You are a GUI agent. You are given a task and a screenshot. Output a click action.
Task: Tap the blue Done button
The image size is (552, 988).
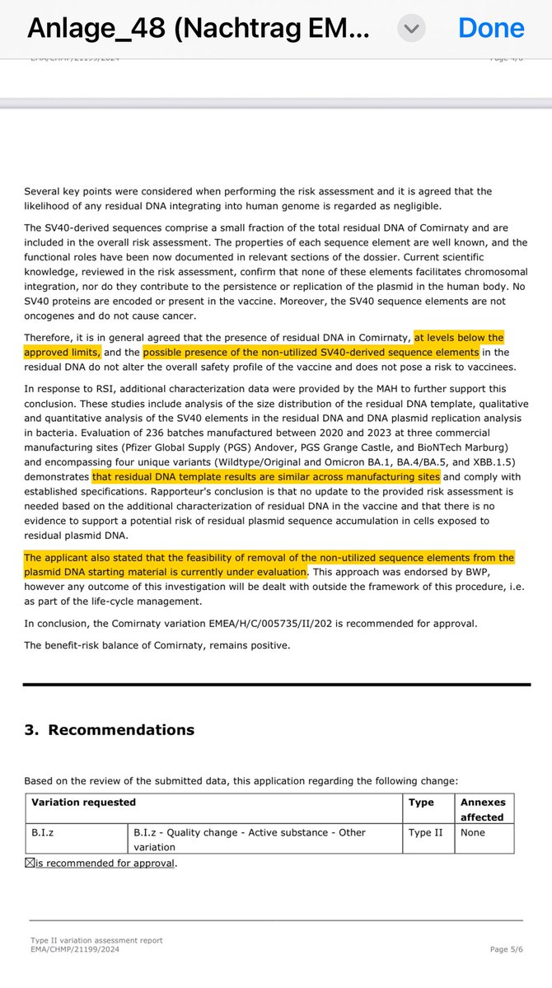point(491,28)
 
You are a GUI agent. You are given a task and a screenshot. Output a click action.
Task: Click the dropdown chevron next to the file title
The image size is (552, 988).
point(411,28)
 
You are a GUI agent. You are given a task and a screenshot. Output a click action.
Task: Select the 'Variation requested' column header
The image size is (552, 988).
point(83,802)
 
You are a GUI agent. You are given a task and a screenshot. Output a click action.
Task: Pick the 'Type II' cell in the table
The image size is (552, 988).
point(425,832)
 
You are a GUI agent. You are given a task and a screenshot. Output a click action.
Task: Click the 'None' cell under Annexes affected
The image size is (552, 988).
point(473,832)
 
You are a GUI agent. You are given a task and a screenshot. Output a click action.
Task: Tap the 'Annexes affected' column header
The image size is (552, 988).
point(484,809)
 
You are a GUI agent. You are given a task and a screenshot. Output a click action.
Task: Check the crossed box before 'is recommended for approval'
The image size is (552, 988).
point(29,863)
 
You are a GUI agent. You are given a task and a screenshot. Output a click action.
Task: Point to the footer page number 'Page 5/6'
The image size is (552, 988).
point(510,949)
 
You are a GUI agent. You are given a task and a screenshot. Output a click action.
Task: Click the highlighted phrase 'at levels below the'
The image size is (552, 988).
point(459,338)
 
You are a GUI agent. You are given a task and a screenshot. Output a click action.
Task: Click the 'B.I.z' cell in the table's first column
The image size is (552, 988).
point(43,832)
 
